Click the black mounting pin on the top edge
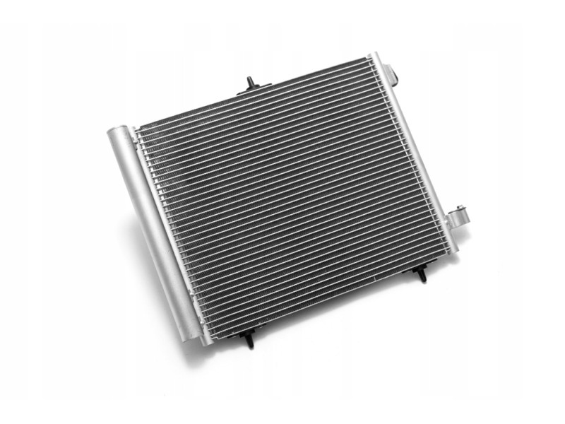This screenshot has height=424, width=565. click(x=251, y=82)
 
